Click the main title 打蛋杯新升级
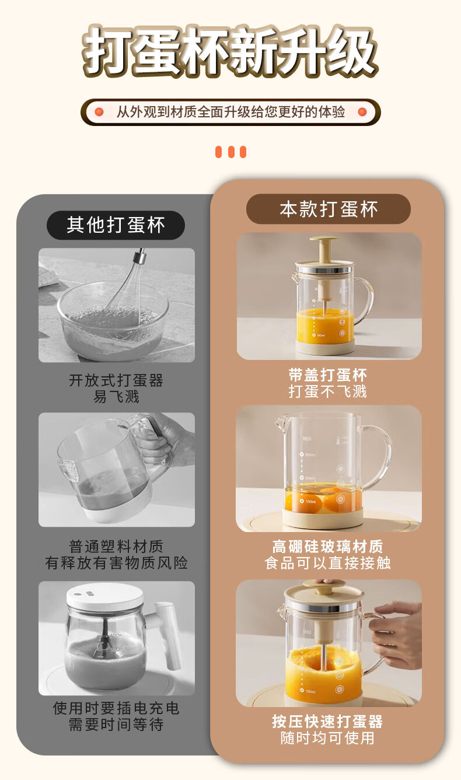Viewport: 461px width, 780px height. (x=230, y=51)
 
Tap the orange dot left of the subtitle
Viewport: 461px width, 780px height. (x=99, y=112)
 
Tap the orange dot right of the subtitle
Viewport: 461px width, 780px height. (x=362, y=112)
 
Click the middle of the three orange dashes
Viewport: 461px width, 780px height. (x=231, y=152)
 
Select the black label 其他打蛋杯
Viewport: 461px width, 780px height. (x=116, y=225)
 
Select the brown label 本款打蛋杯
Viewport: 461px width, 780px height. (x=329, y=209)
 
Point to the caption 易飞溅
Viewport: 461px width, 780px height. (x=116, y=396)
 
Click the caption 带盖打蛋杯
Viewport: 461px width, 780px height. (x=327, y=375)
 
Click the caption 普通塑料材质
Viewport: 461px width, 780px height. (x=116, y=546)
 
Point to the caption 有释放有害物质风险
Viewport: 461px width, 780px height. (x=116, y=563)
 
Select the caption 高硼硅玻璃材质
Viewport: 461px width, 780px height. (x=327, y=546)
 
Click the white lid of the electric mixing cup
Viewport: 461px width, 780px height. (x=104, y=596)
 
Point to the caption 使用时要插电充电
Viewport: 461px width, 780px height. (x=116, y=708)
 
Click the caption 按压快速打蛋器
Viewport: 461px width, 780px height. (x=327, y=722)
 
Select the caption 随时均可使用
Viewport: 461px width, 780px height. (x=327, y=738)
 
